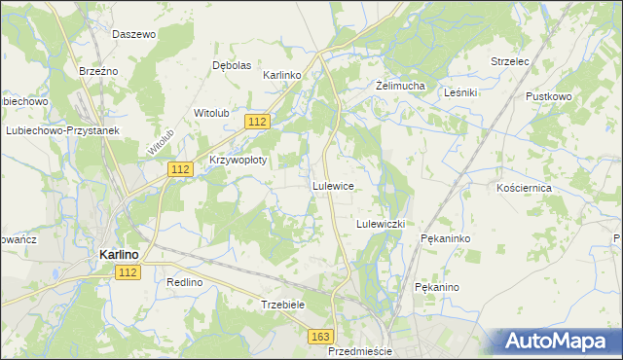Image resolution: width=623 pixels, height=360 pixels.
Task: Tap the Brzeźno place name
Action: tap(98, 71)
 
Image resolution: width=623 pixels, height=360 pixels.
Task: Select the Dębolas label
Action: tap(232, 65)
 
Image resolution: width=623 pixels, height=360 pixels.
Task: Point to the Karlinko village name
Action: tap(283, 75)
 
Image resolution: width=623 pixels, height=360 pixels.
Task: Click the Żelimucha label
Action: tap(401, 86)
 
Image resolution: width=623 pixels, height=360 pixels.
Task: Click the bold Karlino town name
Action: tap(119, 254)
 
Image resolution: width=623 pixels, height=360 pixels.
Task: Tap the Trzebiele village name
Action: tap(284, 305)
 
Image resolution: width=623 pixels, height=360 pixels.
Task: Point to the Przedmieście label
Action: tap(360, 351)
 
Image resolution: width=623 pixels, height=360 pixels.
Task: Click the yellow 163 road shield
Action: tap(321, 336)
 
